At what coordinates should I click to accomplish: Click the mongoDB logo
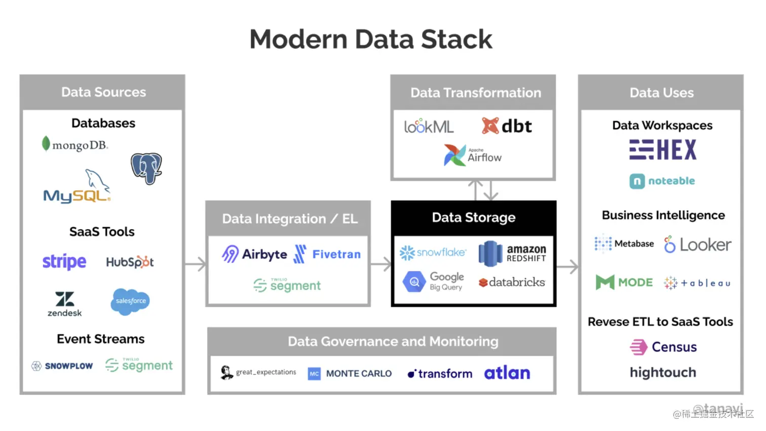pyautogui.click(x=75, y=145)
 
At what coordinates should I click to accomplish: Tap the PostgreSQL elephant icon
pyautogui.click(x=146, y=169)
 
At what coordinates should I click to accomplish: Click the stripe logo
pyautogui.click(x=64, y=262)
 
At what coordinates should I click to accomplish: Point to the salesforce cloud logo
pyautogui.click(x=130, y=301)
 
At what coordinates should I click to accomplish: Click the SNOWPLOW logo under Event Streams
pyautogui.click(x=62, y=366)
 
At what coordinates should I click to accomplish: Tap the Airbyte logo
pyautogui.click(x=254, y=254)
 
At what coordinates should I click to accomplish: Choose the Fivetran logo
pyautogui.click(x=327, y=254)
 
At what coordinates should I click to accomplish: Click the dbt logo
pyautogui.click(x=507, y=126)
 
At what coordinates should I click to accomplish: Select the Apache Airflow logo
pyautogui.click(x=473, y=155)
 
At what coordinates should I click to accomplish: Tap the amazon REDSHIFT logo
pyautogui.click(x=513, y=254)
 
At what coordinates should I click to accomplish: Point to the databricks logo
pyautogui.click(x=512, y=283)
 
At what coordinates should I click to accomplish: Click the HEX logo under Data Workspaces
pyautogui.click(x=663, y=150)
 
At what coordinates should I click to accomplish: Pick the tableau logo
pyautogui.click(x=697, y=283)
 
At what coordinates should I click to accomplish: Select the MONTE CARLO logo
pyautogui.click(x=350, y=374)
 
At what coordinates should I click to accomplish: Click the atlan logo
pyautogui.click(x=507, y=373)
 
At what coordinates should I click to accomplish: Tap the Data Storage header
pyautogui.click(x=473, y=218)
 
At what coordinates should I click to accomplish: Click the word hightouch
pyautogui.click(x=663, y=373)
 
